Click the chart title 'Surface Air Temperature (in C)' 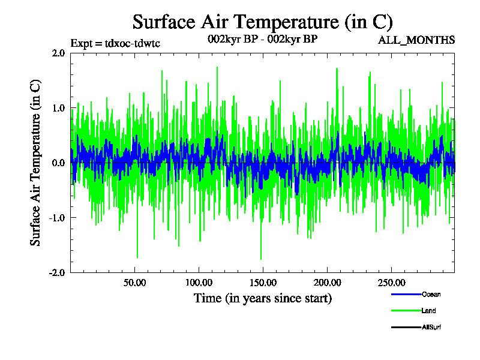coord(262,22)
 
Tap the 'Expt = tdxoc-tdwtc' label coord(115,43)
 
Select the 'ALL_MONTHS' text coord(416,40)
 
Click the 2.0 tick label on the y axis coord(58,53)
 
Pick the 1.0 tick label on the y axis coord(58,108)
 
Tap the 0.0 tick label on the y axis coord(58,163)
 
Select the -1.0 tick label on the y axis coord(57,218)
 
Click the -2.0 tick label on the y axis coord(57,272)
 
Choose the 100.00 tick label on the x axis coord(198,283)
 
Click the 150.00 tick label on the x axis coord(262,283)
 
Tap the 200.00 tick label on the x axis coord(326,283)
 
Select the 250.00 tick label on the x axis coord(391,283)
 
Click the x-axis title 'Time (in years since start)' coord(262,298)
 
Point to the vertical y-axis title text coord(36,163)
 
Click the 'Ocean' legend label coord(431,295)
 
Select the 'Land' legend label coord(428,311)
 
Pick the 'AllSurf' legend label coord(431,327)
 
